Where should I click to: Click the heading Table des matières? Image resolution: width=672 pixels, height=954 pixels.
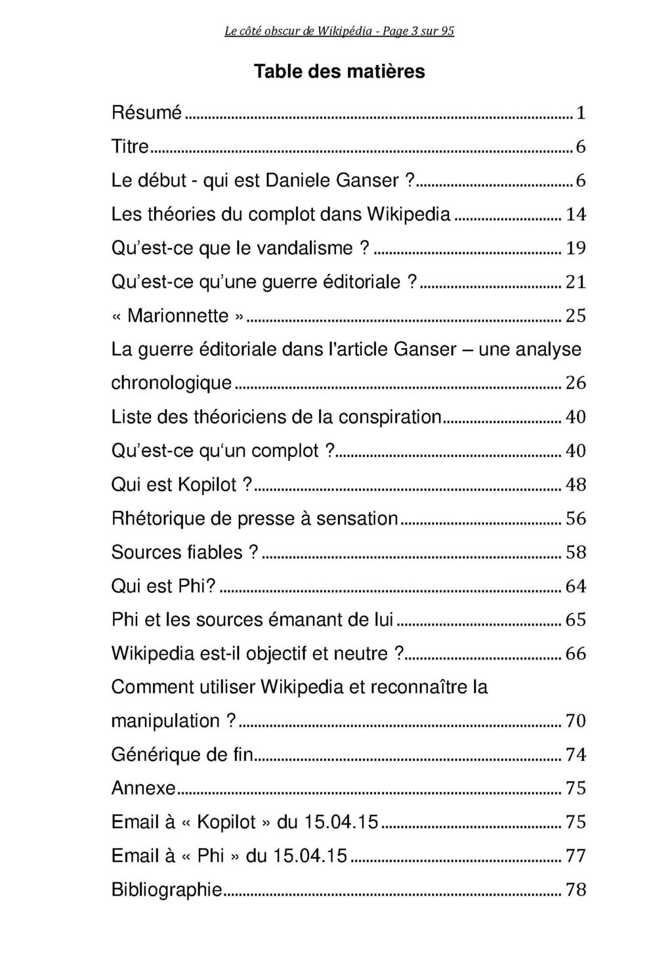(x=339, y=71)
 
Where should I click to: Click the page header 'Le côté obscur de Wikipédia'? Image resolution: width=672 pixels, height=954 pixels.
(x=339, y=31)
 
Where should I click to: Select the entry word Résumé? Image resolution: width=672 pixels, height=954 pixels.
(x=146, y=113)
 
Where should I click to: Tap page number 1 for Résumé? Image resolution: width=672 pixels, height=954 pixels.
(x=580, y=114)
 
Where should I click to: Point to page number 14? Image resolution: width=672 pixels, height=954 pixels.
(x=576, y=214)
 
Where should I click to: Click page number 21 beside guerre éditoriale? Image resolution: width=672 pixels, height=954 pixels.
(x=576, y=282)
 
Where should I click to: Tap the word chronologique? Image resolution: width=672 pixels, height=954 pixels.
(x=172, y=383)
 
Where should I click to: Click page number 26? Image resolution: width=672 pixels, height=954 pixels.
(x=576, y=383)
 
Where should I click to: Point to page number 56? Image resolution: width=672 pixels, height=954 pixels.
(x=576, y=519)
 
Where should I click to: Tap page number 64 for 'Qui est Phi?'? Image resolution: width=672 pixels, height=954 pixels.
(x=576, y=586)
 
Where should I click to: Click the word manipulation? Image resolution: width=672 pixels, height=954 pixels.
(x=166, y=721)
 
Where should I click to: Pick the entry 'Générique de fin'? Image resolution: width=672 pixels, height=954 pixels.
(x=182, y=754)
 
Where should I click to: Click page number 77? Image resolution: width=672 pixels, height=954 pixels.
(x=576, y=856)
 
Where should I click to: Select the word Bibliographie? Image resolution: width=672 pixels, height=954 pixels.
(x=167, y=890)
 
